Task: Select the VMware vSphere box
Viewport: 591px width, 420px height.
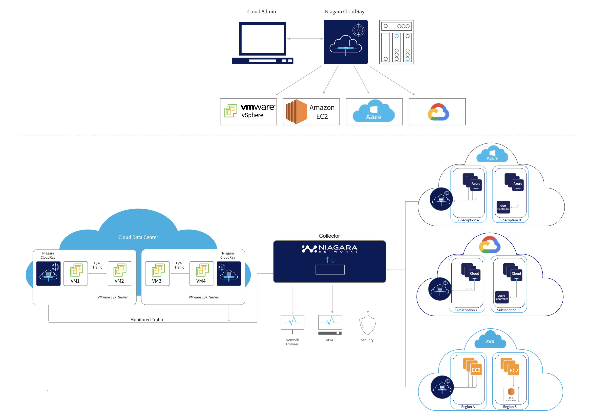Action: click(x=248, y=111)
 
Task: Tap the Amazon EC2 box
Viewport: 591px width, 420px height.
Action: click(x=311, y=111)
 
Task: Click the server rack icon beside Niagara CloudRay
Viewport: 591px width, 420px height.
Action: click(x=396, y=42)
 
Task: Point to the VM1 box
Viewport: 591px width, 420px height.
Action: click(x=76, y=273)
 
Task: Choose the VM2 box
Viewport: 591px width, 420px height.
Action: click(x=120, y=273)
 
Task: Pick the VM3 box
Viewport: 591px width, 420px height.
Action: click(x=157, y=273)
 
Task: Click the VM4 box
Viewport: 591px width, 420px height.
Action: click(x=201, y=273)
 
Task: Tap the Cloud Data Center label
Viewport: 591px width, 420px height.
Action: click(x=138, y=237)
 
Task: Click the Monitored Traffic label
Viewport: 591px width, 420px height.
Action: click(x=147, y=320)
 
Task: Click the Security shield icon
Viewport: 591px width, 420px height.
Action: click(x=368, y=324)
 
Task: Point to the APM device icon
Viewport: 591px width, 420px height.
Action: click(x=330, y=325)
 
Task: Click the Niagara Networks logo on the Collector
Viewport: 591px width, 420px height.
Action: click(x=330, y=249)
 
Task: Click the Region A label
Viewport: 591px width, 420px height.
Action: click(x=468, y=407)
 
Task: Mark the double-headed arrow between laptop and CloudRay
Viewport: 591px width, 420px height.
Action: click(x=305, y=39)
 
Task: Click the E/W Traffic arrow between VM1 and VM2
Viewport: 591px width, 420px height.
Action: click(x=98, y=273)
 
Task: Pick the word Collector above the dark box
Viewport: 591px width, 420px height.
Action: click(x=329, y=236)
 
